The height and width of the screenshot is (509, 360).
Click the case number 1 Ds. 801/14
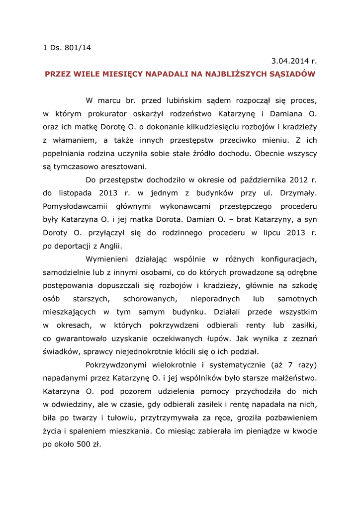pos(67,48)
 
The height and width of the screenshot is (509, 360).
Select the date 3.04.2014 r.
pos(294,61)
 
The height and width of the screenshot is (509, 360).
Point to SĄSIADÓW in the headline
pos(292,74)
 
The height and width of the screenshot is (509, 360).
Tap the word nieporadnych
pos(215,299)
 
